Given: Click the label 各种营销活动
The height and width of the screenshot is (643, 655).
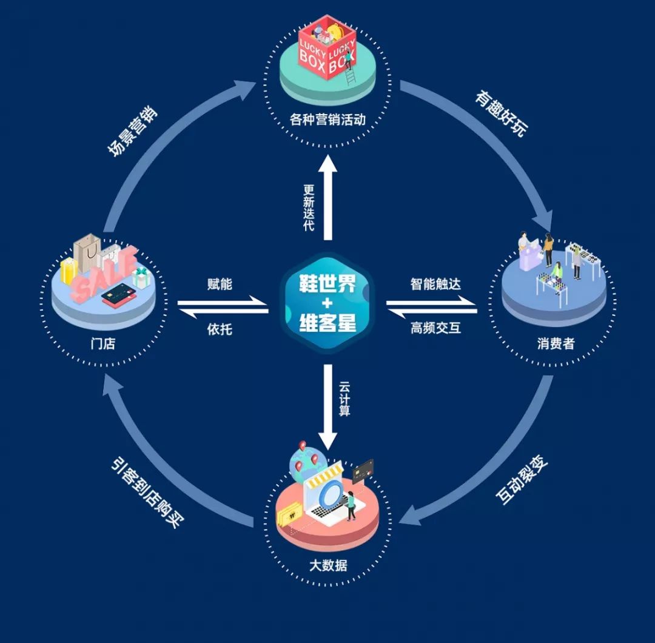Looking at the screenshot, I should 327,118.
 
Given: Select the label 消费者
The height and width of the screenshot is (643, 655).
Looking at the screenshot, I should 555,344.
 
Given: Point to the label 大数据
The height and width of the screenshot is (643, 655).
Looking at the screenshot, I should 327,566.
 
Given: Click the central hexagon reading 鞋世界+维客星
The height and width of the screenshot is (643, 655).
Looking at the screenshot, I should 327,301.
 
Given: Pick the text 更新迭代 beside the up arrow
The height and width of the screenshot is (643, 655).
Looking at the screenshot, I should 309,207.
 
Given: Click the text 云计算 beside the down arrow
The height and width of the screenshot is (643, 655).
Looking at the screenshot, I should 345,398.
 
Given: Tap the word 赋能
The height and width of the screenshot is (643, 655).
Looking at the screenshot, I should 220,284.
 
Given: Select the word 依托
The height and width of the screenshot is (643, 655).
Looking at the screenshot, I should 220,329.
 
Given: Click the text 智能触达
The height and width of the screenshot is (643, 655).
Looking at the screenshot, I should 435,284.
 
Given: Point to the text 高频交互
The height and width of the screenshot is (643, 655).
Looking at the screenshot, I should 435,328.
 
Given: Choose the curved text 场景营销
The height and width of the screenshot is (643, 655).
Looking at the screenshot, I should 132,132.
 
